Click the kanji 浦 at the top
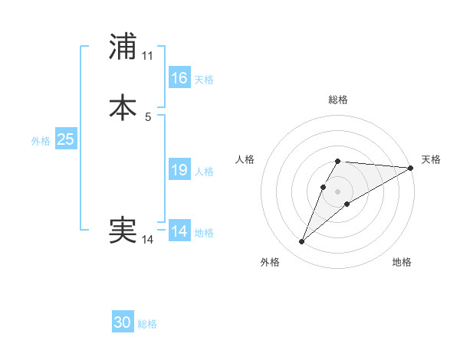[123, 47]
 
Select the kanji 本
[123, 107]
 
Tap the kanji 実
[123, 230]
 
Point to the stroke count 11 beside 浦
[147, 56]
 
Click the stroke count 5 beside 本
[148, 116]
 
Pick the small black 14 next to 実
[147, 240]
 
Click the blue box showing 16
[179, 78]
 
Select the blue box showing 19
[179, 170]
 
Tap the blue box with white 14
[179, 231]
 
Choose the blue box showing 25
[65, 139]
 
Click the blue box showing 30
[123, 323]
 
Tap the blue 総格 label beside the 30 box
[147, 325]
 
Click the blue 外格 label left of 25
[41, 141]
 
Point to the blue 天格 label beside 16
[204, 80]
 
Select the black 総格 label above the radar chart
[338, 100]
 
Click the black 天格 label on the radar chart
[431, 159]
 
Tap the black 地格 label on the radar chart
[402, 262]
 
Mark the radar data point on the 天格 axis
[411, 168]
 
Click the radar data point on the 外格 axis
[302, 242]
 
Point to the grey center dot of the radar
[338, 191]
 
